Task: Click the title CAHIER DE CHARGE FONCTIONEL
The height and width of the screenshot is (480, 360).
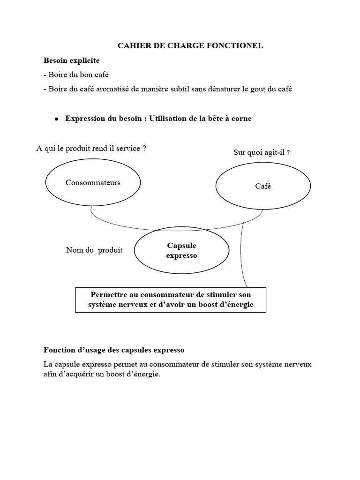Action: pyautogui.click(x=190, y=46)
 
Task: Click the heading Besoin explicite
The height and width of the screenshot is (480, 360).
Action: pyautogui.click(x=71, y=60)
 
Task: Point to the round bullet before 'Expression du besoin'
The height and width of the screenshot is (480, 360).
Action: pyautogui.click(x=56, y=119)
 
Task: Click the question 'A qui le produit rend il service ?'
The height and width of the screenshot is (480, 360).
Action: pyautogui.click(x=91, y=148)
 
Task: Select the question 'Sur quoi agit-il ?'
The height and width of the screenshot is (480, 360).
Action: pyautogui.click(x=261, y=152)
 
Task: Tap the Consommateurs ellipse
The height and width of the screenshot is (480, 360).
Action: pyautogui.click(x=93, y=183)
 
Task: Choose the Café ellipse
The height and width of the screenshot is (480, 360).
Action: pyautogui.click(x=263, y=186)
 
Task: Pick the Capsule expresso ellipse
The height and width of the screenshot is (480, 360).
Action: pyautogui.click(x=182, y=250)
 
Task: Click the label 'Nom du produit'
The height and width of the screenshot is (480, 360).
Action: pyautogui.click(x=94, y=250)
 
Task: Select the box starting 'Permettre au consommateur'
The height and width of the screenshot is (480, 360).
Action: pyautogui.click(x=171, y=300)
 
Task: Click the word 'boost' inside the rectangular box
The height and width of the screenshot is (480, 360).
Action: pyautogui.click(x=211, y=305)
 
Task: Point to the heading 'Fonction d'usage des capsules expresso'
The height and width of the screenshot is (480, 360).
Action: pyautogui.click(x=114, y=350)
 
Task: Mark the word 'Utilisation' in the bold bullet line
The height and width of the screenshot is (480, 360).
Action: pyautogui.click(x=169, y=119)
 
